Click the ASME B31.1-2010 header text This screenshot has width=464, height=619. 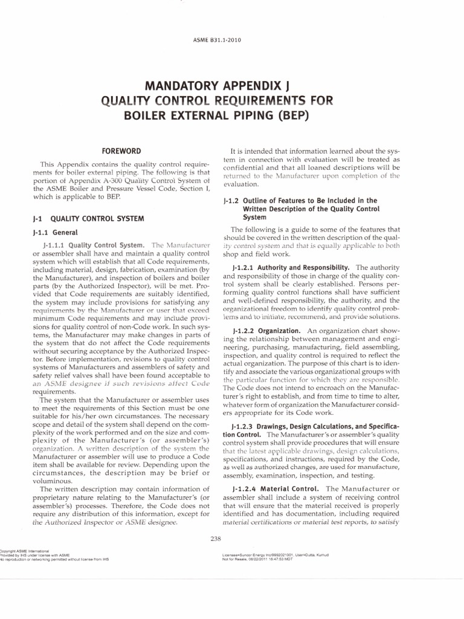(231, 41)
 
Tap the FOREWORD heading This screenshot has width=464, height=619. (121, 151)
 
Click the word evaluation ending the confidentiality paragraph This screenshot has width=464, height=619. (241, 184)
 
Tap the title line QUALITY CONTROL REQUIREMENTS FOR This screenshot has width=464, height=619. (232, 100)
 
